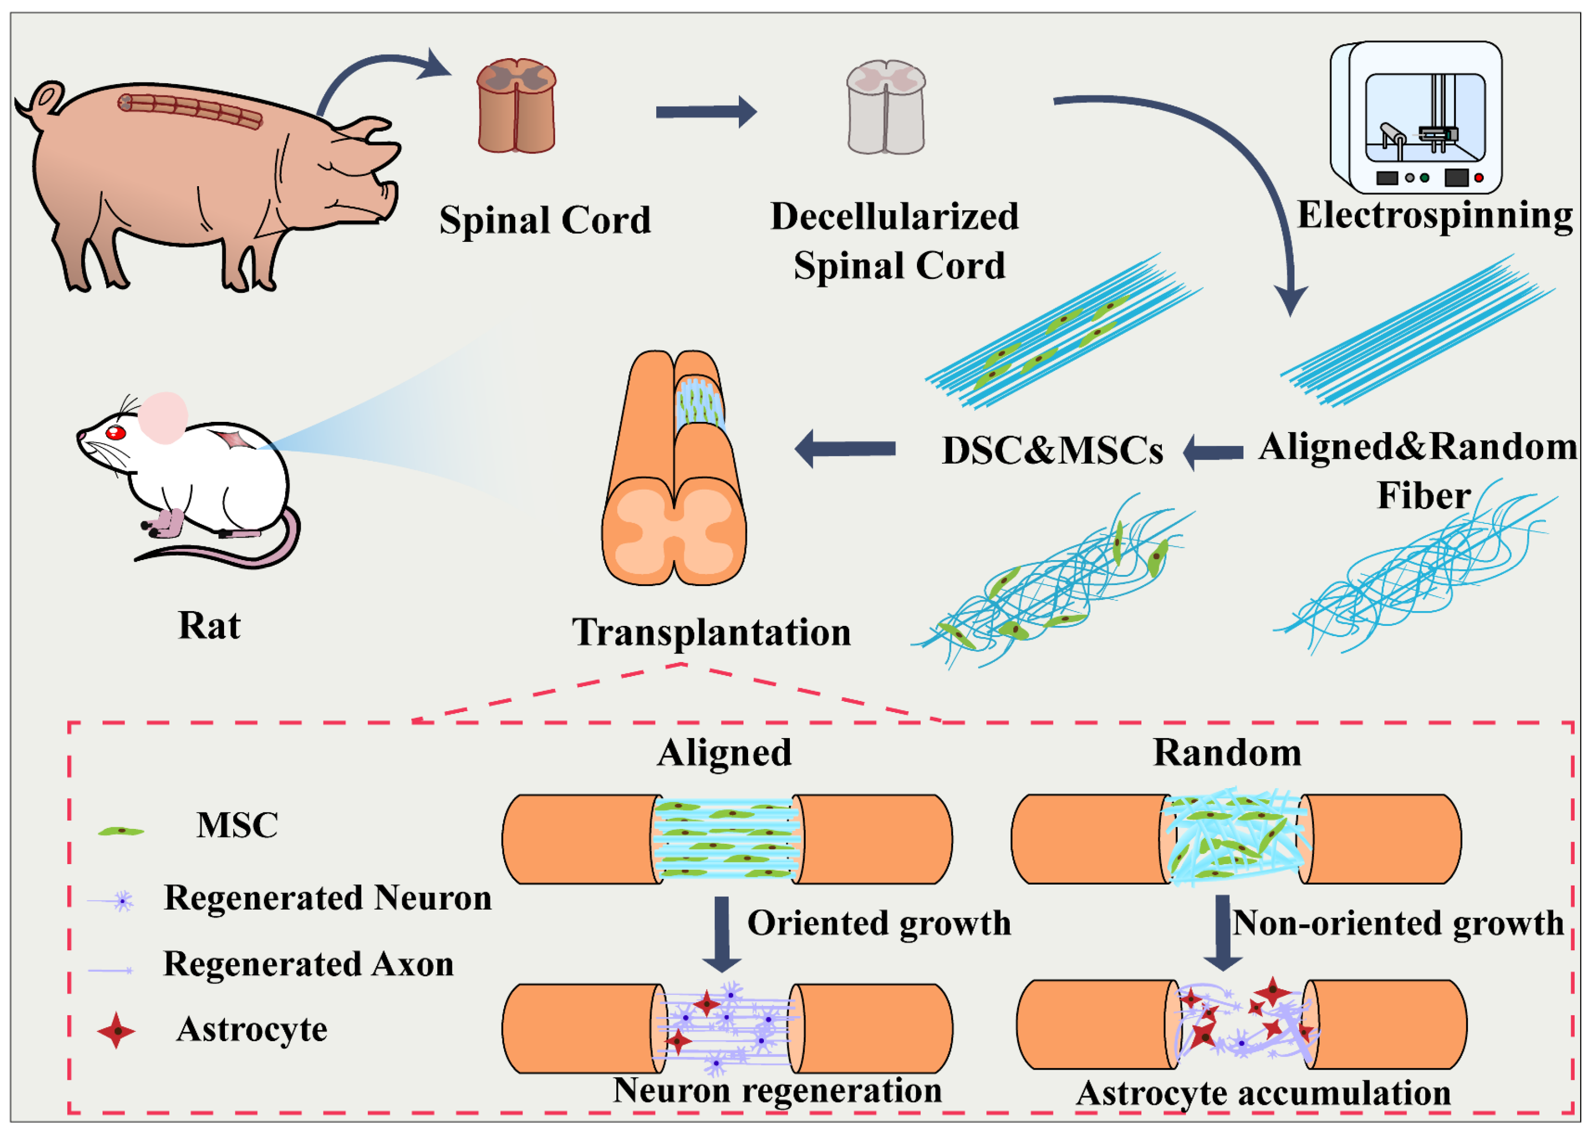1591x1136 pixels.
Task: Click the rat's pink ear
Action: (x=163, y=418)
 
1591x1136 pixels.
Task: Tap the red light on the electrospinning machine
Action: (x=1478, y=178)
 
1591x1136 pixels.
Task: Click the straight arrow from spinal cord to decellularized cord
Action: (x=705, y=112)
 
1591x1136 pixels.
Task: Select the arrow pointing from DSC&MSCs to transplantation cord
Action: (x=845, y=448)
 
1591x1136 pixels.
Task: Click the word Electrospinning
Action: (x=1434, y=215)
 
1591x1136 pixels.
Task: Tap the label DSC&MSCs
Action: (x=1052, y=450)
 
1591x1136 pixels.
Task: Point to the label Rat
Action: (x=209, y=625)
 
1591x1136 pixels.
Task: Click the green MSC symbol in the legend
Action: (x=121, y=831)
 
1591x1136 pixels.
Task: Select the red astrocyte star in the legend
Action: (x=116, y=1030)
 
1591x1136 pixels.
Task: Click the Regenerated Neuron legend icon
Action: (x=122, y=901)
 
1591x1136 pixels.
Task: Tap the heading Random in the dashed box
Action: (x=1227, y=753)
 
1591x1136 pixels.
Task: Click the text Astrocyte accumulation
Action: (x=1263, y=1093)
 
